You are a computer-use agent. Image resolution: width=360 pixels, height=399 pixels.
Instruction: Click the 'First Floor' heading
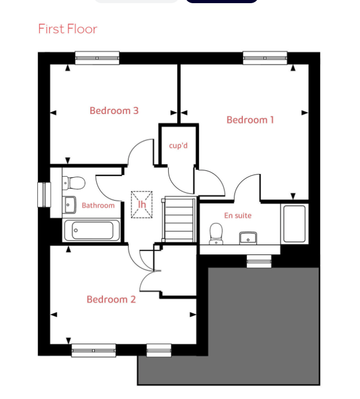click(68, 29)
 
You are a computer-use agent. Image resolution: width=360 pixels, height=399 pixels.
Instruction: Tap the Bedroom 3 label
click(114, 111)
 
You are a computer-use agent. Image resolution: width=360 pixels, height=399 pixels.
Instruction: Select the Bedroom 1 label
click(250, 120)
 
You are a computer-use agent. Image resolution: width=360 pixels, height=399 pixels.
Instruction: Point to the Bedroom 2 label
click(111, 299)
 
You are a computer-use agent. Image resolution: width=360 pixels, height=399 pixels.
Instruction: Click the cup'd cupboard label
click(178, 146)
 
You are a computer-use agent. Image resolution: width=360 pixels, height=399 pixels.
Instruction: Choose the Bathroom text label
click(98, 206)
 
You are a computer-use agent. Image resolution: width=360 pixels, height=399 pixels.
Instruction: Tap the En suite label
click(238, 216)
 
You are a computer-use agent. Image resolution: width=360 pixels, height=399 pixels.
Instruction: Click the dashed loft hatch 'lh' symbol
click(142, 204)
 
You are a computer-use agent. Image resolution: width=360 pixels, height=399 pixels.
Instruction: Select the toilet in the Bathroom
click(74, 183)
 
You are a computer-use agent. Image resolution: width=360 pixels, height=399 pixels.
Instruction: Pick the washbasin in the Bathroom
click(69, 205)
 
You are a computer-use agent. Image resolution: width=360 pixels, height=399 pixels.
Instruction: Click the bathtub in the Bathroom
click(92, 230)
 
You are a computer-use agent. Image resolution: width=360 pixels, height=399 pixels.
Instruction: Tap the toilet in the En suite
click(216, 233)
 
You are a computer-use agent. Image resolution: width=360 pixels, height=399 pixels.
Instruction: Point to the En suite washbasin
click(248, 238)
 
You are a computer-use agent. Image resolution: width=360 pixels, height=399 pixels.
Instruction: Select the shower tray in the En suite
click(294, 223)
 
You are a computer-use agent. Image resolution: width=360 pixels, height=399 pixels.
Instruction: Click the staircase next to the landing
click(179, 219)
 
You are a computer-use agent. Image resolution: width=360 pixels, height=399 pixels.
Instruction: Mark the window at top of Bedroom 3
click(97, 58)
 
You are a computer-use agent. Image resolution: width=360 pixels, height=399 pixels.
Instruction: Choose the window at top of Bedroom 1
click(265, 58)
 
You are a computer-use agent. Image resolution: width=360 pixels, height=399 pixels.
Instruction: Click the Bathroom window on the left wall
click(44, 195)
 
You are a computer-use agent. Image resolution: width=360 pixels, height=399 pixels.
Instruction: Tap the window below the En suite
click(259, 261)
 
